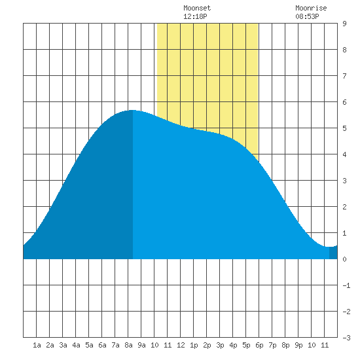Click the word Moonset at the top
click(x=197, y=9)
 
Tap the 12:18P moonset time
click(x=195, y=16)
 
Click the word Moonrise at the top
click(x=311, y=9)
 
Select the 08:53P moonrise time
click(x=307, y=16)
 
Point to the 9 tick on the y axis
click(x=344, y=24)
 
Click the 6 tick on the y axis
click(x=344, y=102)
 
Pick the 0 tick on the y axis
click(x=344, y=259)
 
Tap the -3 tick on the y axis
click(x=346, y=338)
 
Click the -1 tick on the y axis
click(x=346, y=285)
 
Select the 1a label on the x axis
click(x=37, y=345)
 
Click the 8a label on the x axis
click(x=128, y=345)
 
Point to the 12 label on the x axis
click(x=181, y=345)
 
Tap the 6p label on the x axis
click(x=259, y=345)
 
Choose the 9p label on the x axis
click(x=298, y=345)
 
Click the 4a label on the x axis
click(x=76, y=345)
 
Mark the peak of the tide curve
click(x=132, y=111)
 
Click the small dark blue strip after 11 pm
click(x=333, y=253)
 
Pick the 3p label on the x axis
click(x=220, y=345)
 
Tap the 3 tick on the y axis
click(x=344, y=181)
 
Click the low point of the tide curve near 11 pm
click(x=328, y=247)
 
